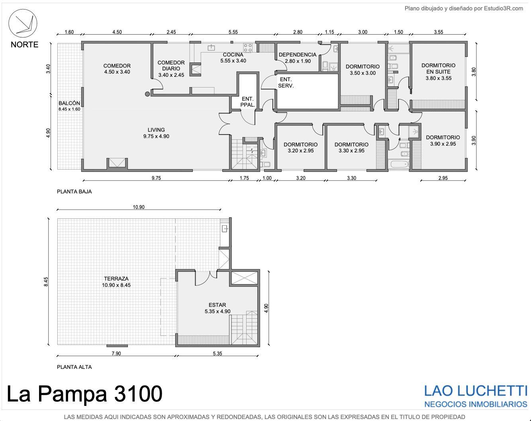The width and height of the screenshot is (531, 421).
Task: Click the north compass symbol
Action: [x=23, y=23]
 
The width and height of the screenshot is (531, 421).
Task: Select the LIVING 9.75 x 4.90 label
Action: [x=156, y=133]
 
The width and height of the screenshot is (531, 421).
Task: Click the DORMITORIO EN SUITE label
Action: [x=439, y=72]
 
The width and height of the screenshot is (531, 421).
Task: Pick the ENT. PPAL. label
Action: [x=247, y=102]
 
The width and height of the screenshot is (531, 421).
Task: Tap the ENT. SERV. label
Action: [x=286, y=83]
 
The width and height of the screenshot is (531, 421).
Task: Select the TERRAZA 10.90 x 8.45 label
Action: [x=116, y=282]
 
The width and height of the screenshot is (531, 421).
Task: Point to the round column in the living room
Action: [x=147, y=94]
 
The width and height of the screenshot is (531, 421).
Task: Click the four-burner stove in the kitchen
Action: [x=248, y=48]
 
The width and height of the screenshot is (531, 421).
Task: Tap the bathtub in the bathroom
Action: [x=398, y=164]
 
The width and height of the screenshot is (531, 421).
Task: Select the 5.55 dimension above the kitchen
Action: [x=233, y=32]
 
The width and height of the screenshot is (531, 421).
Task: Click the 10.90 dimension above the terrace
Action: [x=139, y=207]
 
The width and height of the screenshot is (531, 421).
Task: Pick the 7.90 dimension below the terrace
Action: [x=116, y=353]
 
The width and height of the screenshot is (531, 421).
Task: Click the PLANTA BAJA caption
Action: [x=74, y=191]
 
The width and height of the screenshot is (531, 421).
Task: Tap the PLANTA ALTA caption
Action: [x=74, y=367]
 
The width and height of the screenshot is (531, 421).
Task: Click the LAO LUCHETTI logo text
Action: [x=476, y=391]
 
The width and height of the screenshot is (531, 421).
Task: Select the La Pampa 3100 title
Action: [x=84, y=394]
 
